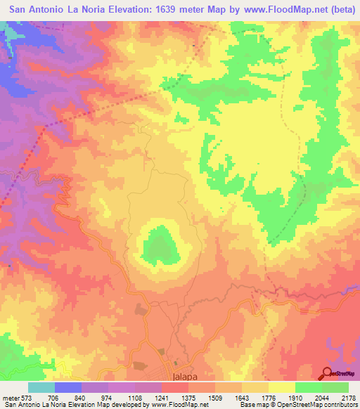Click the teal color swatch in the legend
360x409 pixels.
[x=41, y=387]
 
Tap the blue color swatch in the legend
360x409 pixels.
[x=68, y=387]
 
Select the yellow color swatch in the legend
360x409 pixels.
[x=281, y=387]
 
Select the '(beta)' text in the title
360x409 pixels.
[x=333, y=10]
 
